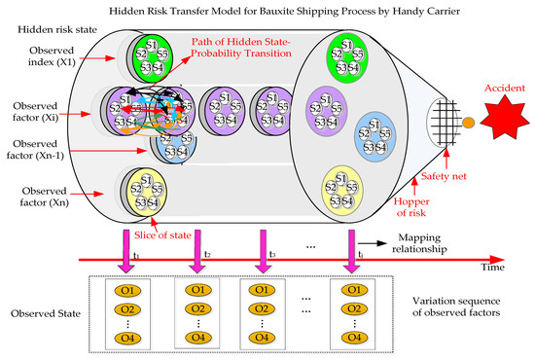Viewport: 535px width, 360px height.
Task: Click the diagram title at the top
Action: [268, 10]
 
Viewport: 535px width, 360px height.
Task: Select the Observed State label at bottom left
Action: [44, 316]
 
